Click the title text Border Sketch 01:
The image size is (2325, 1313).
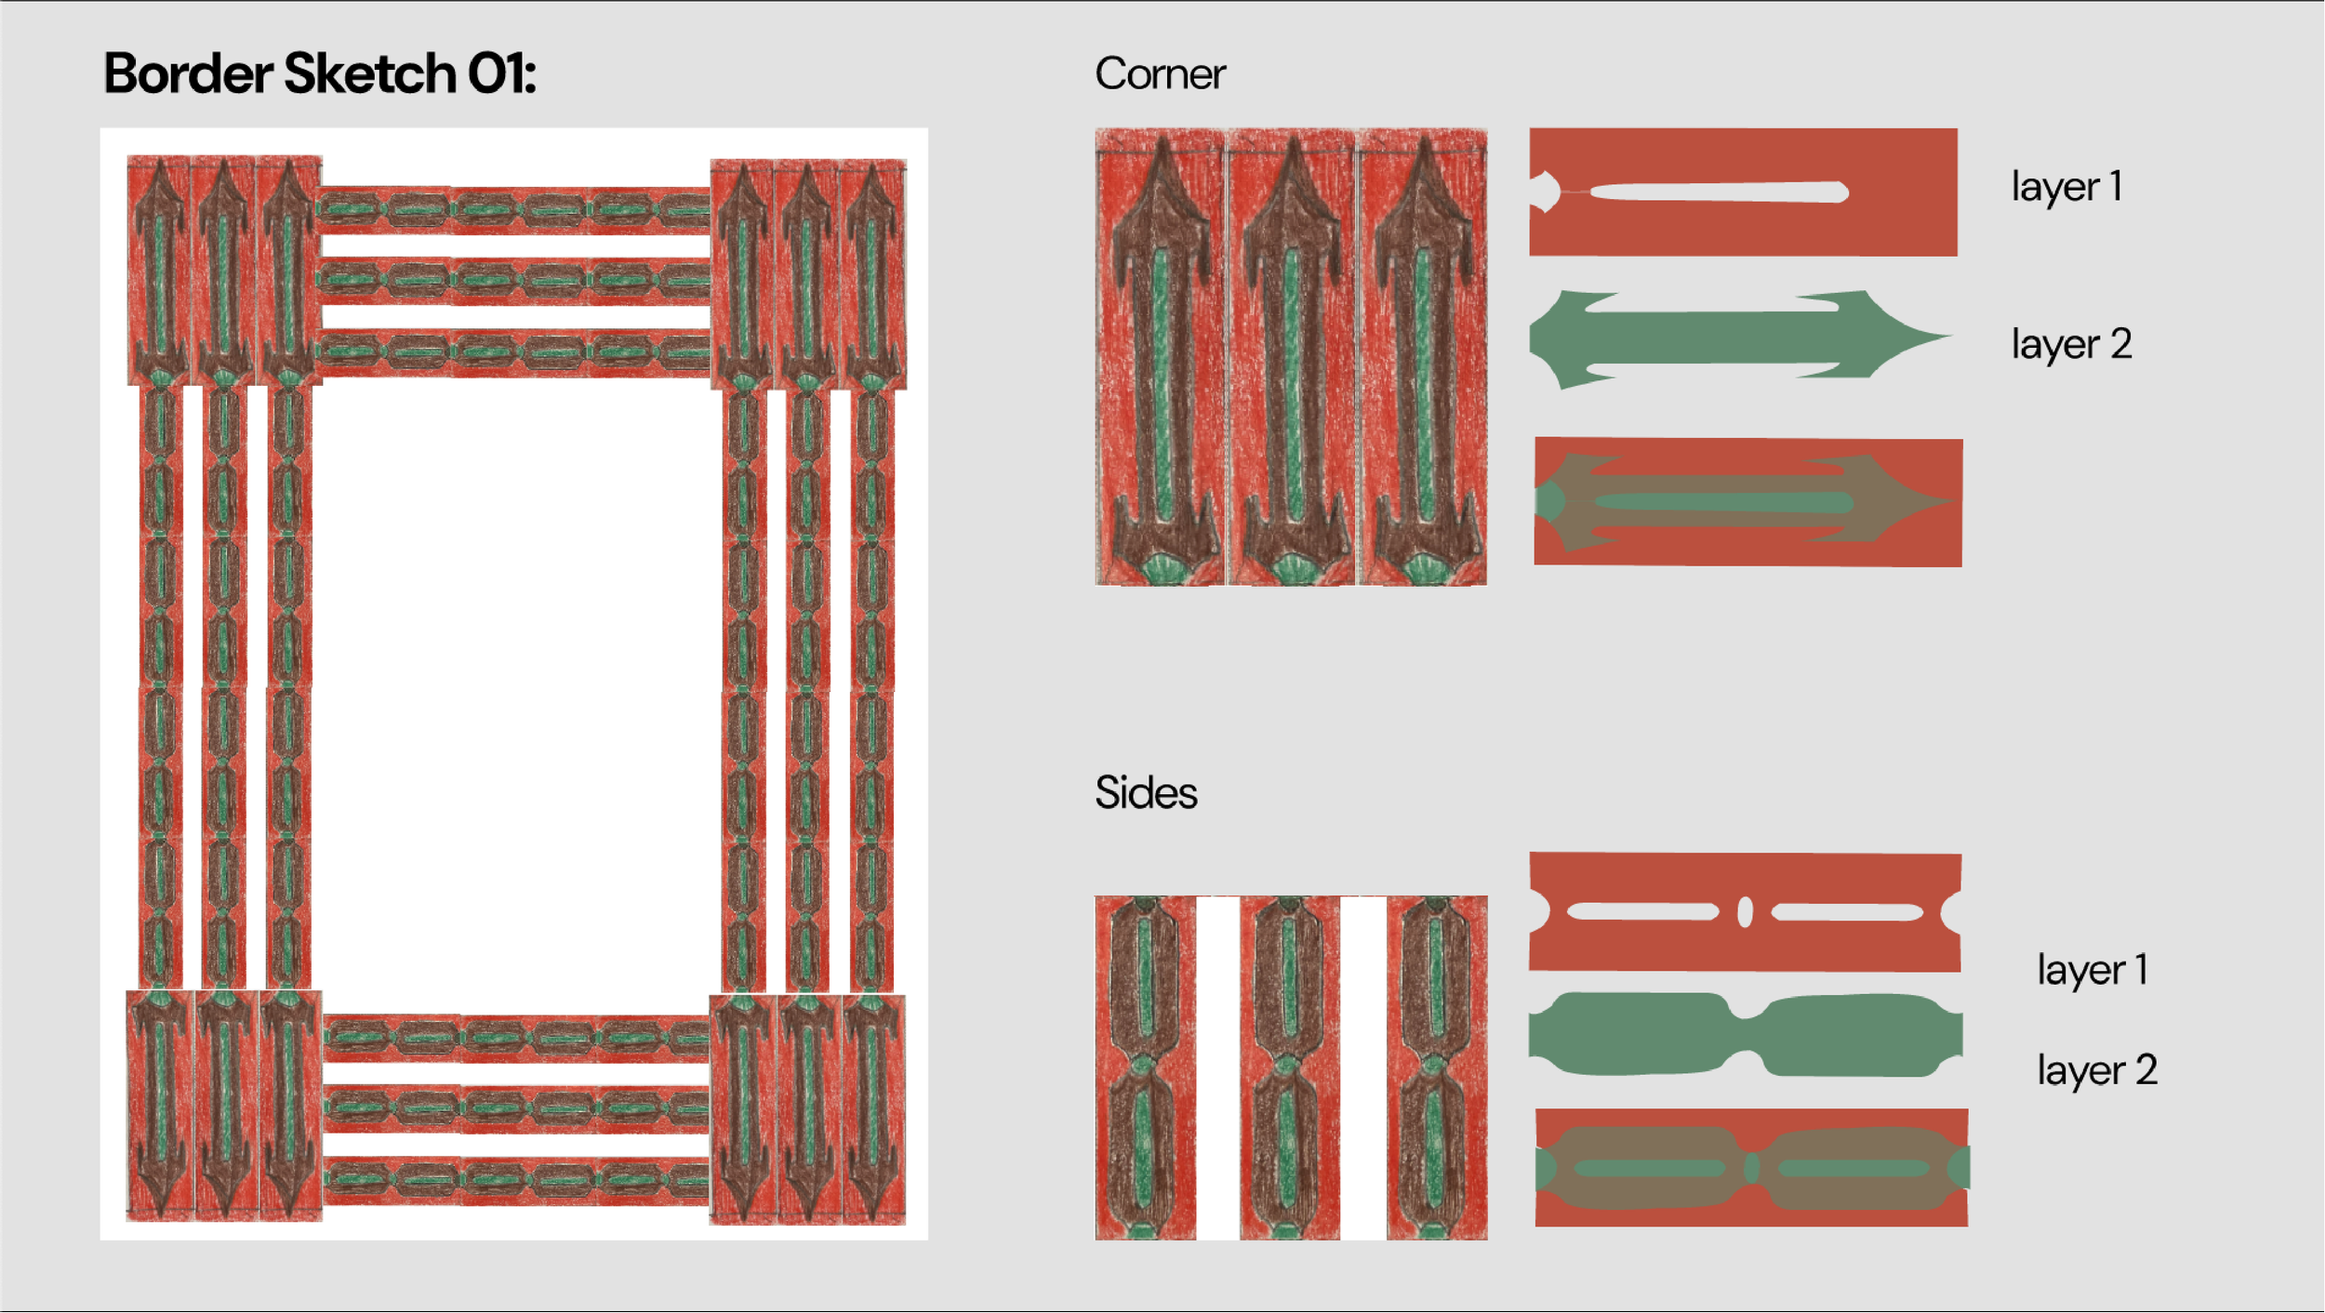coord(319,73)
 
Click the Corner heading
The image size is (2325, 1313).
coord(1159,74)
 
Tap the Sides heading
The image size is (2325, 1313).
coord(1146,793)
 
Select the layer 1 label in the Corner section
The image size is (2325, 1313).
coord(2066,187)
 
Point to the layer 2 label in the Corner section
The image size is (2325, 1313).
coord(2071,345)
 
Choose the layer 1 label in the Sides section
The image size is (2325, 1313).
coord(2092,970)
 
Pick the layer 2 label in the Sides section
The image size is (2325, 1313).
coord(2097,1070)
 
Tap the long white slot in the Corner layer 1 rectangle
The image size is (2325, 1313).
coord(1719,192)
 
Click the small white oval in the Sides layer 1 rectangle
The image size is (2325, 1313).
coord(1745,912)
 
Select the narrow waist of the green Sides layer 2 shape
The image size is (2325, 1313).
coord(1747,1034)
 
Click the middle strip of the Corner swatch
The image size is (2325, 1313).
coord(1291,358)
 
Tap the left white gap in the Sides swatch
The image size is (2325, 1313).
coord(1217,1068)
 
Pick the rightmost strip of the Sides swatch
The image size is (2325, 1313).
coord(1437,1068)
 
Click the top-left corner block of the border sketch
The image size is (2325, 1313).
coord(224,270)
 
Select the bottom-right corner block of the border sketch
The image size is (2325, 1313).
coord(807,1108)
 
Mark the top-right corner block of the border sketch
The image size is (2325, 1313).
coord(807,274)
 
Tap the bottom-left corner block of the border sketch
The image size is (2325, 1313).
coord(224,1105)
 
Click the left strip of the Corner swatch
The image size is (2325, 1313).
coord(1160,358)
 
